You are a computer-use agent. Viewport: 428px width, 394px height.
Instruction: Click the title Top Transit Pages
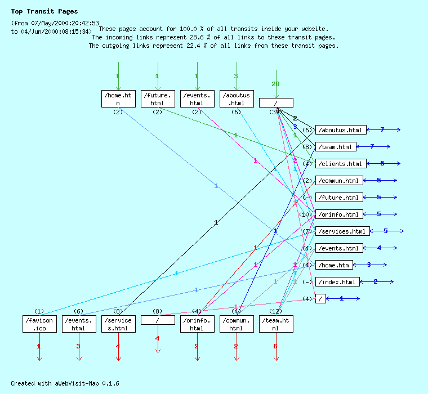[44, 11]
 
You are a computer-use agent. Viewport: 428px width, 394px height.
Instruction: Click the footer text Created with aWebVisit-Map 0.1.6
[65, 383]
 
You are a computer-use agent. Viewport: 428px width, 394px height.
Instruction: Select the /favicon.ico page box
[39, 324]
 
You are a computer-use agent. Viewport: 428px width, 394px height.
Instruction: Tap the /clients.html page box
[341, 164]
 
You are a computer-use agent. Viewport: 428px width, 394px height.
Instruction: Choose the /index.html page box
[337, 282]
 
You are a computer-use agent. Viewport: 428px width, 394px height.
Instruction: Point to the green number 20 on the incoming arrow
[275, 84]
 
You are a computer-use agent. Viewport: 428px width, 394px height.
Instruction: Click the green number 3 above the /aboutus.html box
[236, 76]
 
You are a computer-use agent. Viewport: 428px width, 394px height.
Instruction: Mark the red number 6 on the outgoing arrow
[275, 346]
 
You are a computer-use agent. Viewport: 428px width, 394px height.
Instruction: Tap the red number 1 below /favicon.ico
[39, 346]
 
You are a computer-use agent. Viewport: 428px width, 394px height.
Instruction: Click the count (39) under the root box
[275, 112]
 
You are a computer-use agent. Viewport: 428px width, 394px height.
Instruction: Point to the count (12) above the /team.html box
[275, 311]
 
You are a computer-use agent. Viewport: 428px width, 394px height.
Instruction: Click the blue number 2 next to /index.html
[376, 281]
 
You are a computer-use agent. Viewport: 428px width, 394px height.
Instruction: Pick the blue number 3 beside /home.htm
[369, 265]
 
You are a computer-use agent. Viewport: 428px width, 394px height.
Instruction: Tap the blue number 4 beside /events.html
[379, 248]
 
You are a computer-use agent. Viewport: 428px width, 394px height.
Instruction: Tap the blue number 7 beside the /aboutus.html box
[382, 129]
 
